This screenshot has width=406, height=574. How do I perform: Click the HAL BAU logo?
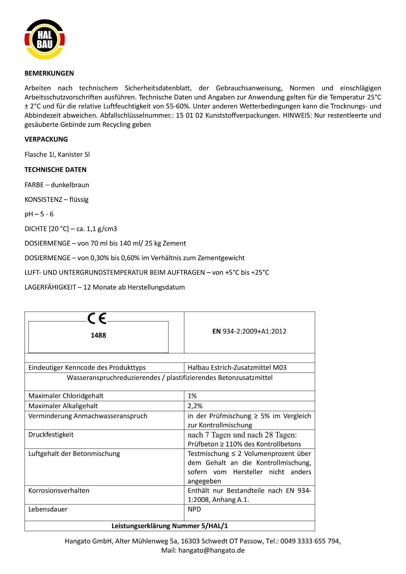[45, 40]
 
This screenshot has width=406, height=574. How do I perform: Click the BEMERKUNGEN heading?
[49, 73]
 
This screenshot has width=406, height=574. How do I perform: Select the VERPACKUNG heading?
[46, 139]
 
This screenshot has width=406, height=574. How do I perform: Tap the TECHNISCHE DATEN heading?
[55, 170]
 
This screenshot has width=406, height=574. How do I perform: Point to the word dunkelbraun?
[70, 185]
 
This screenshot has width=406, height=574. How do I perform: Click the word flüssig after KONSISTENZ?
[79, 200]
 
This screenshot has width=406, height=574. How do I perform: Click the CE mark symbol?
[97, 318]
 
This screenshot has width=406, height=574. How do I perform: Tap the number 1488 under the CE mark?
[98, 335]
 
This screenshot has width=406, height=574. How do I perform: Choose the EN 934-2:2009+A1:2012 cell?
[249, 331]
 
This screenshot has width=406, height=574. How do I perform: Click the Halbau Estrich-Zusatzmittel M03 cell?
[237, 368]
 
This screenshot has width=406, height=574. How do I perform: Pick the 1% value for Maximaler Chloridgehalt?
[192, 396]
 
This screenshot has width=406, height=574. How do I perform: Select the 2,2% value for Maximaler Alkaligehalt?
[195, 406]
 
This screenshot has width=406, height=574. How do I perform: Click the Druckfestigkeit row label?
[51, 435]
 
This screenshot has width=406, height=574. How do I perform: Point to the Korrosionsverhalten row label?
[59, 491]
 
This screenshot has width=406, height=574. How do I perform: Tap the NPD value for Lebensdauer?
[194, 509]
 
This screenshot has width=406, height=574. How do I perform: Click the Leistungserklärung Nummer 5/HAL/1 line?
[170, 526]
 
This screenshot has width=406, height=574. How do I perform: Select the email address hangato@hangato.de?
[211, 550]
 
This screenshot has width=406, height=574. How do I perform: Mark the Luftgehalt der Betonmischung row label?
[74, 454]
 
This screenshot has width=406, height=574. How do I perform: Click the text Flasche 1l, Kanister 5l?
[57, 155]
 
